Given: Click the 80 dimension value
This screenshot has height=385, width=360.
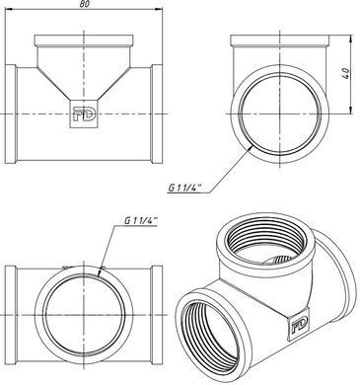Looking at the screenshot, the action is pos(84,4).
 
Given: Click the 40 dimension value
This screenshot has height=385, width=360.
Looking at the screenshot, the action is pos(346,73).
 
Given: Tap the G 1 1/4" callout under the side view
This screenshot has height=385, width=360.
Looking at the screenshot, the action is pos(185,188).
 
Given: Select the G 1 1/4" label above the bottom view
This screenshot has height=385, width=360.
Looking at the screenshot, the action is pos(141,220).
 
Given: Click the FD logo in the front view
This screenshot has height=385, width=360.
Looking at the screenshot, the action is pos(84,114).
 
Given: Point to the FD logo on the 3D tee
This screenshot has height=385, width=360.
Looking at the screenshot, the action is pos(299,324).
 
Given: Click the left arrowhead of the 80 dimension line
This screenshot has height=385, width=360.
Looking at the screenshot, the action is pos(9,9).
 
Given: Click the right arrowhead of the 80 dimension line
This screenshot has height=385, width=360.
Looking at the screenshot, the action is pos(159,9).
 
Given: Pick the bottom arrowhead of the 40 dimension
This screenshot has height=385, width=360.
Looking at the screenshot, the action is pos(351,110).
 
